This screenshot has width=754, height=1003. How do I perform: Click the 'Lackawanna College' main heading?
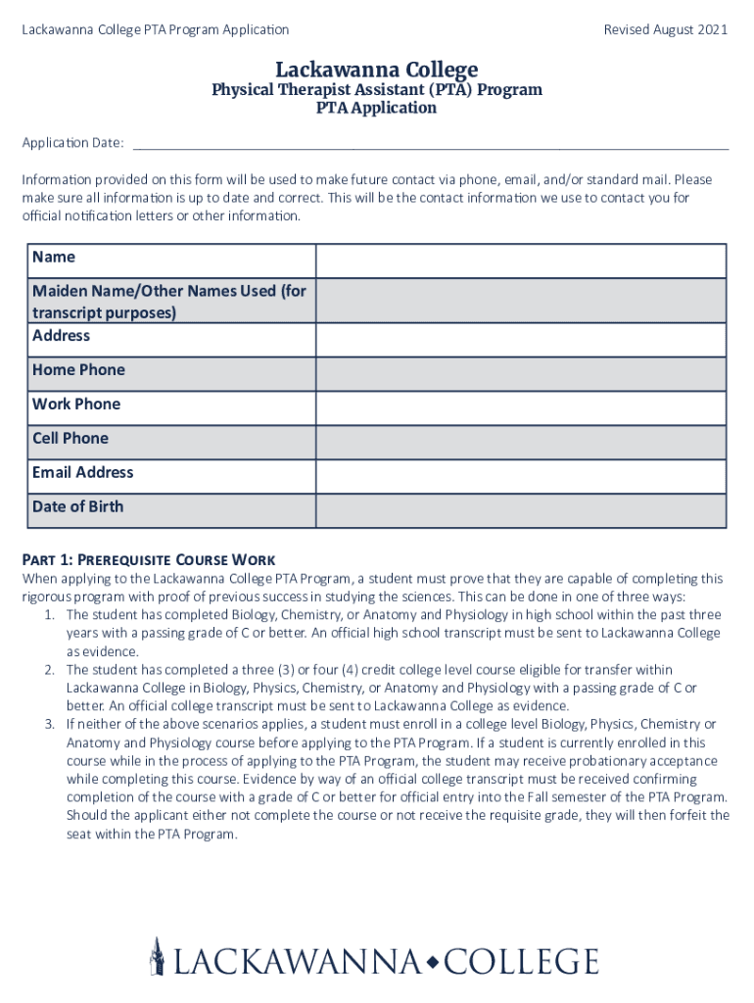click(x=377, y=70)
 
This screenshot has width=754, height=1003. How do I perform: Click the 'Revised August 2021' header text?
click(x=665, y=30)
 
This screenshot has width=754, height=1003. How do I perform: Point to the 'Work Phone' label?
click(x=76, y=405)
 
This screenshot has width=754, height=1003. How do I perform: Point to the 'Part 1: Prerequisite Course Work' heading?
click(x=149, y=561)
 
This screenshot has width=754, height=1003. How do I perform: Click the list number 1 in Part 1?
click(x=49, y=615)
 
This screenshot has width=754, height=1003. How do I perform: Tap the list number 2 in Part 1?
click(x=49, y=670)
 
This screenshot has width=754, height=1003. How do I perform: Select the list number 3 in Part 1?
click(x=49, y=725)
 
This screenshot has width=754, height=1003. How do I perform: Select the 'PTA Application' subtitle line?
click(x=376, y=108)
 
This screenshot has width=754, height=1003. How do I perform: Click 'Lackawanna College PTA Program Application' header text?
click(x=156, y=30)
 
